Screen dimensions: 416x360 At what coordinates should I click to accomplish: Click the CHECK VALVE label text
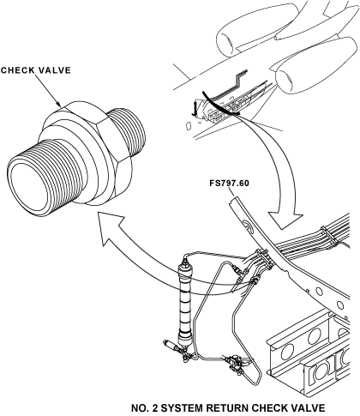click(x=37, y=72)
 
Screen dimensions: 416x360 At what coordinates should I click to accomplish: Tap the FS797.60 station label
click(x=231, y=183)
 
